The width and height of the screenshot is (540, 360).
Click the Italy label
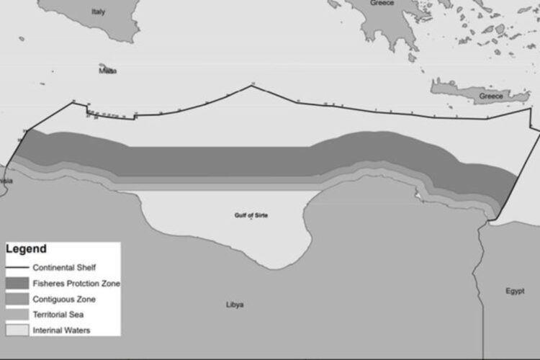[x=98, y=12]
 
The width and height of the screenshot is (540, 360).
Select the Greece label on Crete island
[x=491, y=96]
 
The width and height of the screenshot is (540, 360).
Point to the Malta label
[x=108, y=71]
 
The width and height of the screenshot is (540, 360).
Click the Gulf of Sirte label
[x=251, y=215]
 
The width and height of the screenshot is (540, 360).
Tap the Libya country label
[x=235, y=305]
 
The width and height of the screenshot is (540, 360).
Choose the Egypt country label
[x=515, y=291]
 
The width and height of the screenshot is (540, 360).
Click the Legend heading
[x=26, y=249]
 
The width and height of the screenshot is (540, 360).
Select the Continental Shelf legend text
[x=65, y=266]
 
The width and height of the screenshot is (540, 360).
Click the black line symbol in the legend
[x=17, y=266]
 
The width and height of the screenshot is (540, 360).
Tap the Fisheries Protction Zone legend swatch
[x=17, y=282]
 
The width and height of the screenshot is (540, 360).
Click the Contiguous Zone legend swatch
[x=17, y=298]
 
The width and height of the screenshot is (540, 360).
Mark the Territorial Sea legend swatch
[x=17, y=314]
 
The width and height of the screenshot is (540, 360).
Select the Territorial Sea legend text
[x=58, y=314]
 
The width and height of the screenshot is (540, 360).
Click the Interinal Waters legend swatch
[x=17, y=330]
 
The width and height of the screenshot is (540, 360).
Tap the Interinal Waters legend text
[x=60, y=330]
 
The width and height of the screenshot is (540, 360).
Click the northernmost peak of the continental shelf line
[x=252, y=85]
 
